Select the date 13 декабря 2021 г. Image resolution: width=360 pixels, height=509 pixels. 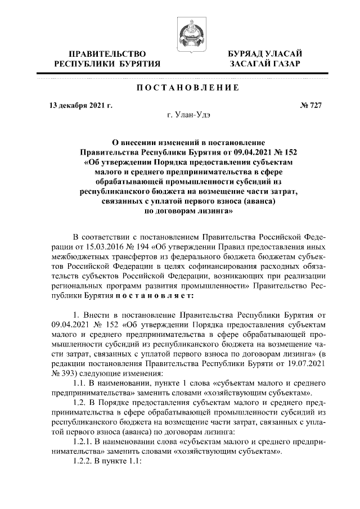73,105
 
